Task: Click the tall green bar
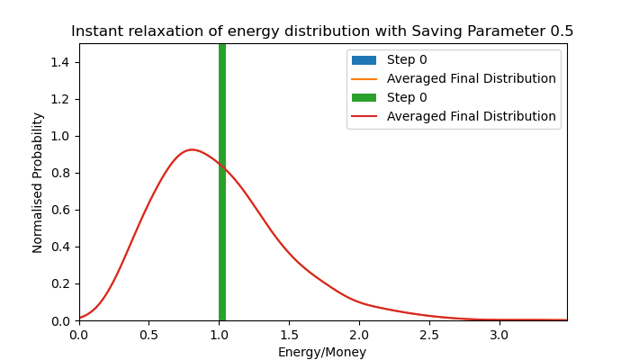[x=222, y=180]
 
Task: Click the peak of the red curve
[x=191, y=149]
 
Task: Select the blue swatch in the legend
[x=364, y=60]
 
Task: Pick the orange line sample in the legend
[x=364, y=79]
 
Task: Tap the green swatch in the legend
[x=364, y=98]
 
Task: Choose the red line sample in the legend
[x=364, y=117]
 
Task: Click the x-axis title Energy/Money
[x=322, y=353]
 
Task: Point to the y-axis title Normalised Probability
[x=38, y=182]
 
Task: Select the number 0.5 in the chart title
[x=562, y=31]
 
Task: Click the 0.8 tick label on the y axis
[x=63, y=173]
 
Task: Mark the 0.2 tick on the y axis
[x=63, y=283]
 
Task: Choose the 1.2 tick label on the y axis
[x=63, y=99]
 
